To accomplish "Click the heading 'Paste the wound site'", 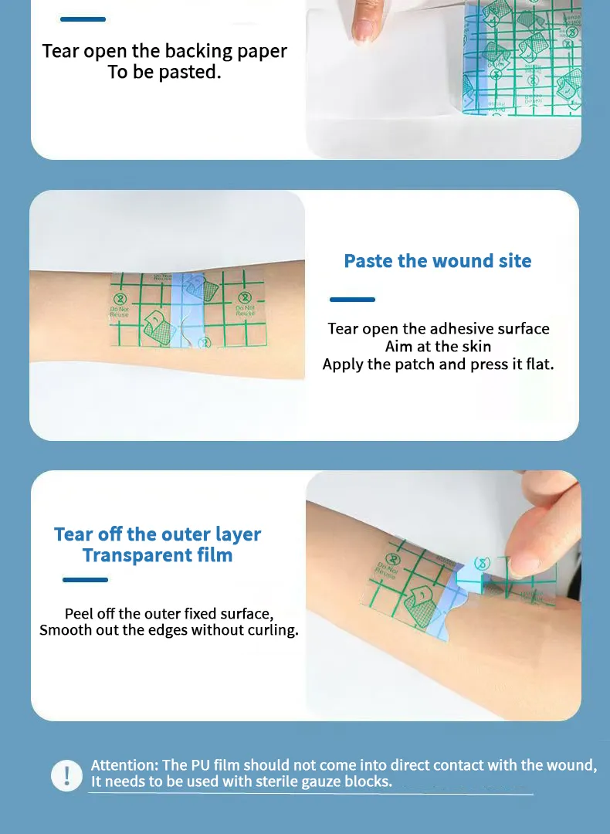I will click(438, 261).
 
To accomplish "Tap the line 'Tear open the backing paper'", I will click(164, 52).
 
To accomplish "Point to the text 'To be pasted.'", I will click(164, 73).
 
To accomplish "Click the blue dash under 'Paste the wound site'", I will click(352, 300).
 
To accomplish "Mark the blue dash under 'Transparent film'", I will click(85, 580).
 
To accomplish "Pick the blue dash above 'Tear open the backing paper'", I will click(83, 19).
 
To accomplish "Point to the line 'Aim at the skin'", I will click(438, 347).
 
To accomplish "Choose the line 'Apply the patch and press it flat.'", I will click(438, 364).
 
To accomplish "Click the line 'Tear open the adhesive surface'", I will click(438, 329).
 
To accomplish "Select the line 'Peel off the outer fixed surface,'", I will click(168, 614).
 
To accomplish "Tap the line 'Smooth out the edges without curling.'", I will click(168, 630).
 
